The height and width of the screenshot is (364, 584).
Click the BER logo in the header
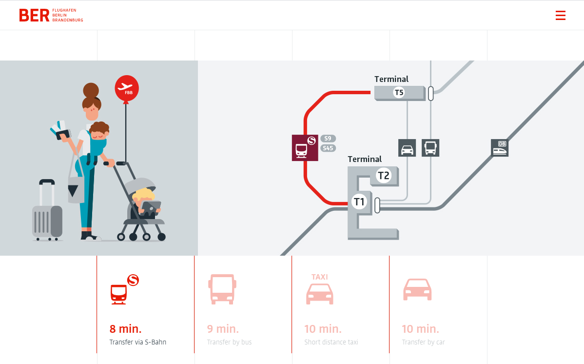click(51, 15)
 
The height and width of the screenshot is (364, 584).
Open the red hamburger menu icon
click(560, 15)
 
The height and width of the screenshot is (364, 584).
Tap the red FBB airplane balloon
click(127, 88)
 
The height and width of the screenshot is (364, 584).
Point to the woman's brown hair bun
click(91, 90)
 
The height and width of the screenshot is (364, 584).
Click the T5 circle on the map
click(399, 93)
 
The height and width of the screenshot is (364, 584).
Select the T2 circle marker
click(384, 175)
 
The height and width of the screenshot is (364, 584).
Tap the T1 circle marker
click(359, 202)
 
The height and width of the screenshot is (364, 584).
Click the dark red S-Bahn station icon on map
click(305, 148)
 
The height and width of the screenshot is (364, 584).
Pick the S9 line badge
click(328, 139)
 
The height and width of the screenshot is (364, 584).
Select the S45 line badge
click(328, 148)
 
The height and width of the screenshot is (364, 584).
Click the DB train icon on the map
click(500, 148)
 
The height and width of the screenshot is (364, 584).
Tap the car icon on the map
click(407, 148)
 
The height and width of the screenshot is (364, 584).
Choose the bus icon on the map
click(430, 148)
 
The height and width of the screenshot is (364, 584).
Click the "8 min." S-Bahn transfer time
click(125, 329)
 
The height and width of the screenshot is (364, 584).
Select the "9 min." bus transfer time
click(223, 329)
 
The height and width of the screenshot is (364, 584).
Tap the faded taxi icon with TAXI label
click(320, 289)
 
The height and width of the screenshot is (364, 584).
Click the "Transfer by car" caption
click(424, 342)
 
